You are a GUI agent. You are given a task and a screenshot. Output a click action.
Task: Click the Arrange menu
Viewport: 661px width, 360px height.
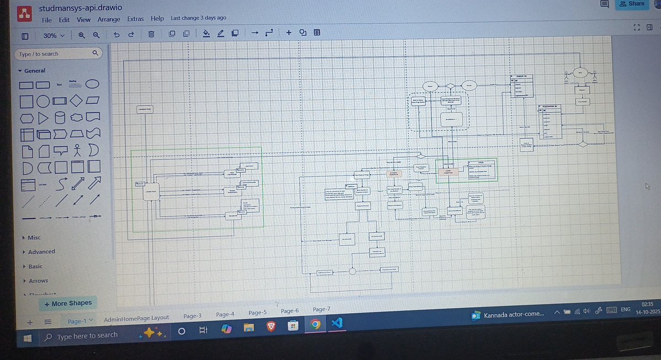coord(109,19)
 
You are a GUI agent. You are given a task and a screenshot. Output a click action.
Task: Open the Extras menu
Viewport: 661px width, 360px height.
coord(135,19)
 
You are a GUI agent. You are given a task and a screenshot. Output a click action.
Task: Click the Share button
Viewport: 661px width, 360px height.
coord(632,4)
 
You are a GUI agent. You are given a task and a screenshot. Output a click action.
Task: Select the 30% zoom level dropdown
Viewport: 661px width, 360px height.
coord(53,35)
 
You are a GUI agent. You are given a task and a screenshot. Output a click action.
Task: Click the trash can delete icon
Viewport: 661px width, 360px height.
coord(151,34)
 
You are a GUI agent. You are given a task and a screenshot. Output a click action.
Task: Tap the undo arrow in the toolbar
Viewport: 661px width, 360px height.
coord(116,35)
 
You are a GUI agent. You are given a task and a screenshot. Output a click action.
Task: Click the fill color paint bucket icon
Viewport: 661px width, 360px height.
coord(206,33)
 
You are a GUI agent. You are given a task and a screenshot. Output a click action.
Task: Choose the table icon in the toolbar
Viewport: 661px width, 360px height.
coord(317,33)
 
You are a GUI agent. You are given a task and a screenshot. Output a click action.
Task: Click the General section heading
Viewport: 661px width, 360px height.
coord(35,71)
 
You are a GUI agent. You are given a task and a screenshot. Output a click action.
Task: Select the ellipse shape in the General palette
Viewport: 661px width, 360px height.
coord(93,84)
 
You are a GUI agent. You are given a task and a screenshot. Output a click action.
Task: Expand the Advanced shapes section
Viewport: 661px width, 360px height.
coord(41,251)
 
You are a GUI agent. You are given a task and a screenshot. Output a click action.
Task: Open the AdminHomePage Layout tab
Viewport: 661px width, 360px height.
coord(136,318)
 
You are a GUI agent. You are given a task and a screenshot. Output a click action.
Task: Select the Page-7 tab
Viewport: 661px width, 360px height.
coord(321,309)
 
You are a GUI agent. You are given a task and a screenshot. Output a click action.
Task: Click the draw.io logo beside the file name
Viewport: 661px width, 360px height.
coord(24,14)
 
